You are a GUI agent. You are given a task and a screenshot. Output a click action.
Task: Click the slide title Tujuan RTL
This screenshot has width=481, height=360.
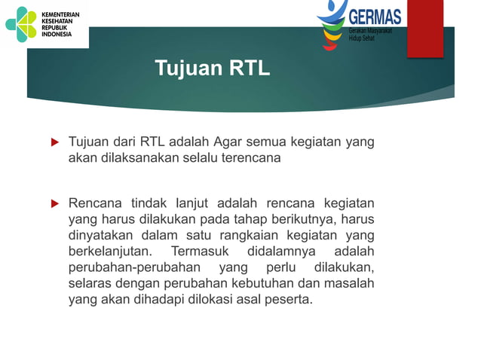pyautogui.click(x=212, y=69)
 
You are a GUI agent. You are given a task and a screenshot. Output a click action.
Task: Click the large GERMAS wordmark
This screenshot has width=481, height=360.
pyautogui.click(x=375, y=16)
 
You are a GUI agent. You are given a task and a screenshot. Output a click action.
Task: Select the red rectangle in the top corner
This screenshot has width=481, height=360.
pyautogui.click(x=425, y=28)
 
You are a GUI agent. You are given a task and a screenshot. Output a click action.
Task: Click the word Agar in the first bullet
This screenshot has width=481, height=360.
pyautogui.click(x=229, y=142)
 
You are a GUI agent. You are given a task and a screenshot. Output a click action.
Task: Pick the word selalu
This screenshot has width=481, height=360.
pyautogui.click(x=201, y=158)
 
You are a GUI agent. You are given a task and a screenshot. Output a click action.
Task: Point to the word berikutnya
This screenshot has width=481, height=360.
pyautogui.click(x=302, y=220)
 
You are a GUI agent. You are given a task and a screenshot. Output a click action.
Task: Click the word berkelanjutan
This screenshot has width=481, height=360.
pyautogui.click(x=112, y=252)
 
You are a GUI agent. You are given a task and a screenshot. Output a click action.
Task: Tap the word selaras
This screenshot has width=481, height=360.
pyautogui.click(x=89, y=284)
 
